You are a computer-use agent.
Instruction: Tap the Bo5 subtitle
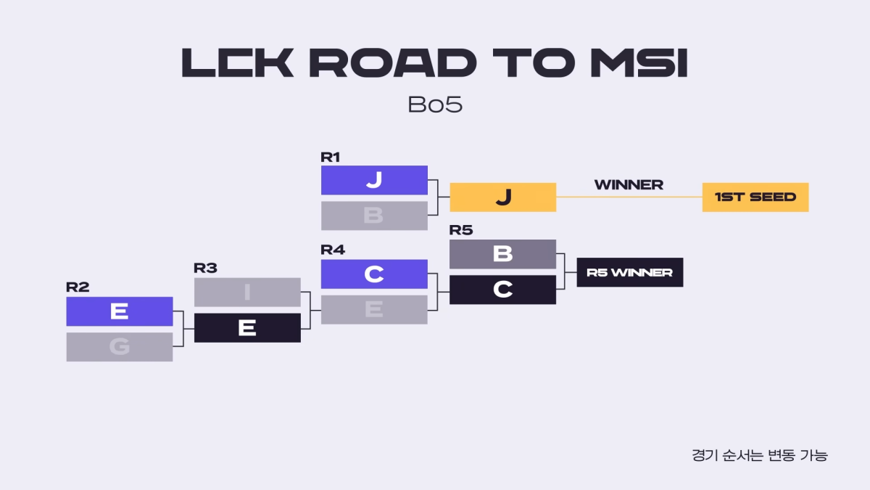(x=435, y=105)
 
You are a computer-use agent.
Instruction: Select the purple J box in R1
(x=374, y=180)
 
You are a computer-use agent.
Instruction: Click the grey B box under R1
(x=374, y=216)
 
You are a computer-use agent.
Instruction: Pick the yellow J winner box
(x=502, y=197)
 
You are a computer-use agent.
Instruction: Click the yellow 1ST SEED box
(x=755, y=197)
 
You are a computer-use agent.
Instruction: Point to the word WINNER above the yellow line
(x=629, y=185)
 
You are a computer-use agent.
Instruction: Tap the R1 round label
(x=331, y=156)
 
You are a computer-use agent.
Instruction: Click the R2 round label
(x=77, y=287)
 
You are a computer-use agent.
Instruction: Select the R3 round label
(x=205, y=268)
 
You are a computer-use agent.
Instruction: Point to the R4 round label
(x=333, y=250)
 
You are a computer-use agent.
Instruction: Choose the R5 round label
(x=461, y=230)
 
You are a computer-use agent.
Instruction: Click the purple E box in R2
(x=120, y=311)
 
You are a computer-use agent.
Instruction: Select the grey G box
(x=120, y=347)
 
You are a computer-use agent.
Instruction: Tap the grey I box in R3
(x=247, y=292)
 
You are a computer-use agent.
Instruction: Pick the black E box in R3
(x=247, y=328)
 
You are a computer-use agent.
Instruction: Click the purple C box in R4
(x=374, y=274)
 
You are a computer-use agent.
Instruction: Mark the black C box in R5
(x=502, y=290)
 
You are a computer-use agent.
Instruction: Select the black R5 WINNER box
(x=629, y=272)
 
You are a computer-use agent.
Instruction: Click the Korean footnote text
(x=759, y=456)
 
